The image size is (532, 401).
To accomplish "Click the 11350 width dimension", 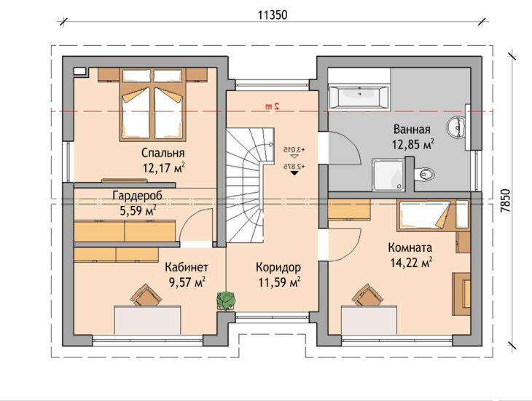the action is click(x=273, y=15).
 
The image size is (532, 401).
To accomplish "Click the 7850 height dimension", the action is click(x=506, y=201).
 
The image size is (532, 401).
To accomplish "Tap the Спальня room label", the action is click(x=163, y=153).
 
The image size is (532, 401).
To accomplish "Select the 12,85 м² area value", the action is click(x=413, y=145).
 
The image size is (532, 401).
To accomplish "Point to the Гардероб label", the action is click(x=138, y=196).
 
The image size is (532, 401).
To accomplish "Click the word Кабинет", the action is click(x=187, y=267).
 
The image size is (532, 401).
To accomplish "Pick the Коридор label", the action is click(x=278, y=267).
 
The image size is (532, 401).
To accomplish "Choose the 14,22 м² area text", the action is click(x=411, y=263).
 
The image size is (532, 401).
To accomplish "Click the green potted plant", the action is click(x=226, y=300).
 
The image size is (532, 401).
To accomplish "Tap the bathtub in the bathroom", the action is click(x=359, y=97).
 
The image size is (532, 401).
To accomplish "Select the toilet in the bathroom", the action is click(x=424, y=174).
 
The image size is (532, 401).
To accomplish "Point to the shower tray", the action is click(x=388, y=175).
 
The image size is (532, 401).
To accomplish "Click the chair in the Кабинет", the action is click(x=146, y=295).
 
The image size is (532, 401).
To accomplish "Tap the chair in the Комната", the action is click(x=367, y=295).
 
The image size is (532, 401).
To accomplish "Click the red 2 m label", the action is click(x=273, y=106).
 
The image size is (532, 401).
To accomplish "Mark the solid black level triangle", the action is click(x=294, y=172).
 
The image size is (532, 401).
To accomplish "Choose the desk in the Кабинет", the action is click(x=147, y=320).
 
